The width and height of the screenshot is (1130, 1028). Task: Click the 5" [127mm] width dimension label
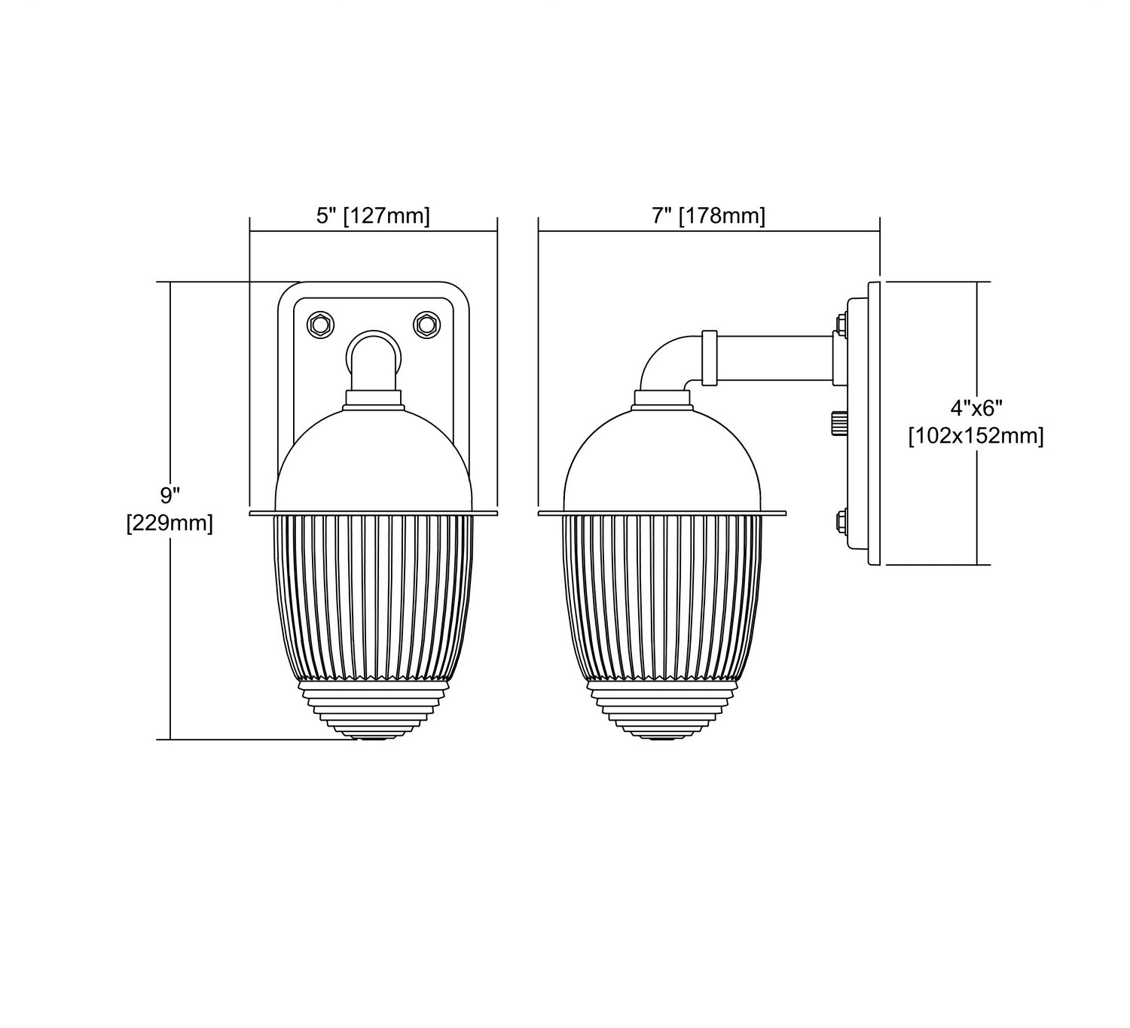[x=373, y=215]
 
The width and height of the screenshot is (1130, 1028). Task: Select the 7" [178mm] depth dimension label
[x=709, y=215]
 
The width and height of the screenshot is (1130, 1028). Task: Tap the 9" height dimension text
[x=170, y=496]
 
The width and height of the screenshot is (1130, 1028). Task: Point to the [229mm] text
[x=170, y=524]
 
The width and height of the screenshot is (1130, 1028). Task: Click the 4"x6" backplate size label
[x=976, y=408]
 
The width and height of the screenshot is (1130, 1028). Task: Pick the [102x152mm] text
[x=976, y=436]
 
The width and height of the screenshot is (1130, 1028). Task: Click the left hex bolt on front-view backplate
[x=320, y=325]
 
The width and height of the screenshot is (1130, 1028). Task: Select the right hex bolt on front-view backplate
[x=426, y=325]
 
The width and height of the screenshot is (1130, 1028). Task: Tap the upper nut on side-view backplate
[x=841, y=325]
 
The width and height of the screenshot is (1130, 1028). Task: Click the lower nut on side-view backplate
[x=841, y=522]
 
